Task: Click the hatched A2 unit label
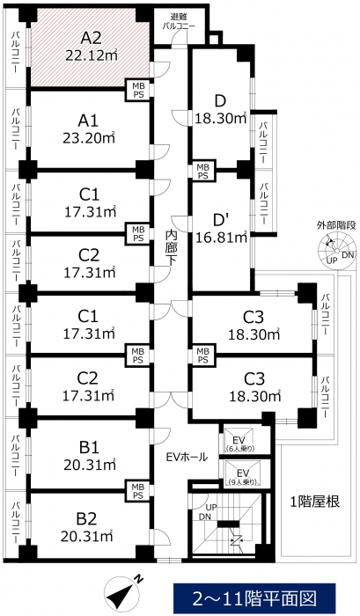click(91, 38)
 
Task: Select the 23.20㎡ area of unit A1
click(89, 138)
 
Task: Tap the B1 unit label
click(89, 447)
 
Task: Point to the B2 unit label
click(86, 519)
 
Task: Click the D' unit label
click(220, 218)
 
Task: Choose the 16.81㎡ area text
click(221, 237)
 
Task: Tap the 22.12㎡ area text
click(92, 55)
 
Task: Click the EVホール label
click(187, 457)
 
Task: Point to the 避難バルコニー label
click(179, 22)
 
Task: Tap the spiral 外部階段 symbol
click(336, 250)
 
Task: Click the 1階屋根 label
click(314, 502)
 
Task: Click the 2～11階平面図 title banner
click(254, 598)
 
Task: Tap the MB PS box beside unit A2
click(137, 91)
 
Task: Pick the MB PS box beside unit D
click(202, 172)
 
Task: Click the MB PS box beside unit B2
click(137, 491)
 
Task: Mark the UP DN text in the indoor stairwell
click(208, 512)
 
